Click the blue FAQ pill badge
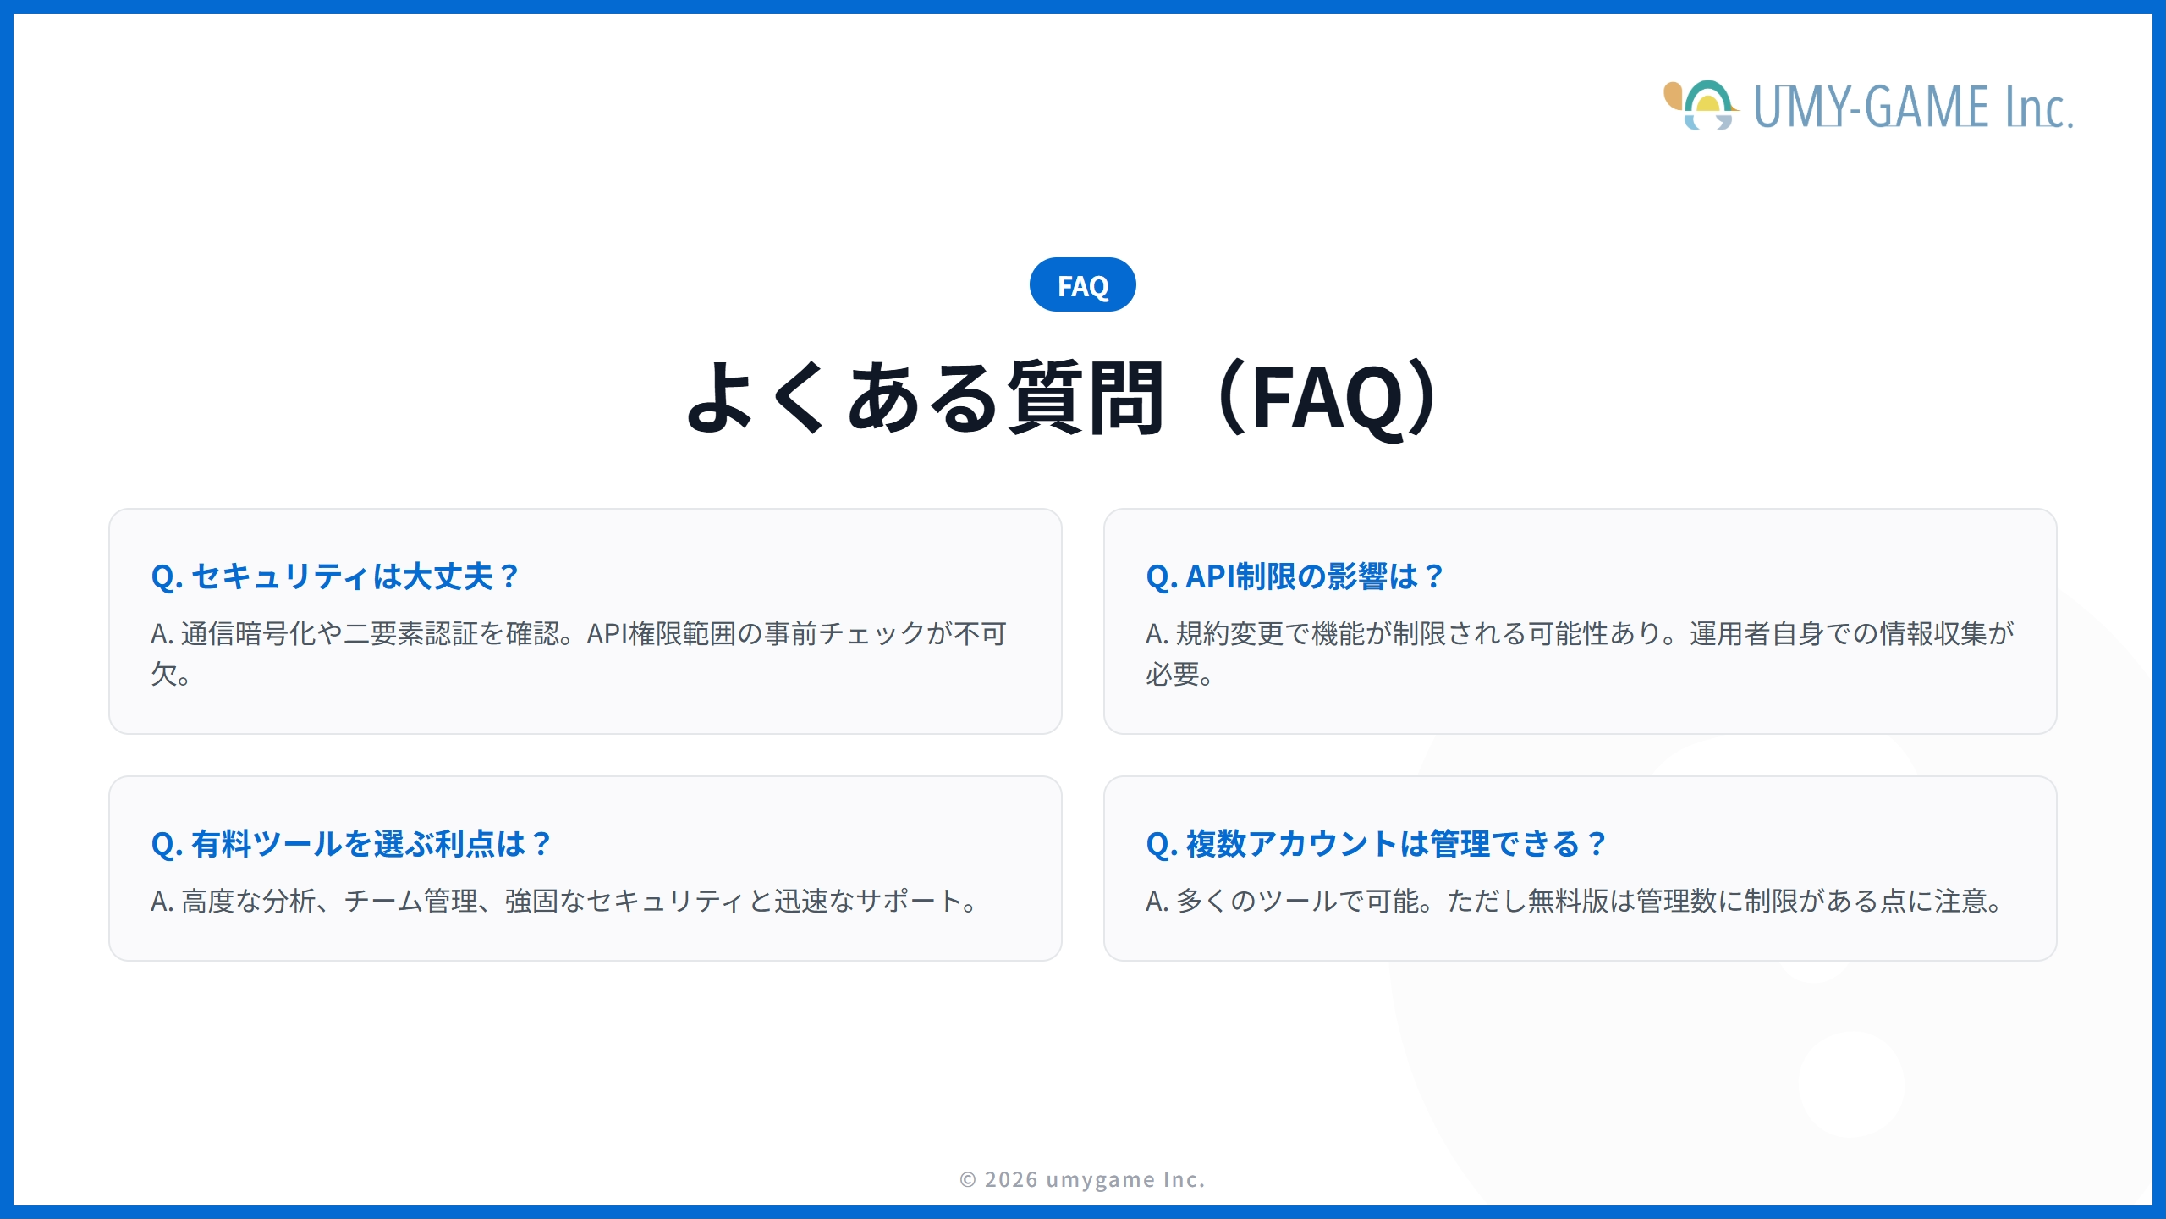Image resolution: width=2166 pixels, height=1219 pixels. (x=1082, y=285)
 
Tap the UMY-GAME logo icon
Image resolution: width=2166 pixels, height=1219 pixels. (x=1701, y=106)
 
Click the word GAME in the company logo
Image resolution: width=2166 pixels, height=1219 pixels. (x=1928, y=108)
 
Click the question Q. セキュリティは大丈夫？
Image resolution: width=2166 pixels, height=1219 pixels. (x=334, y=576)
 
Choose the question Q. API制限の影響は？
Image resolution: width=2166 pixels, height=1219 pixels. (x=1294, y=576)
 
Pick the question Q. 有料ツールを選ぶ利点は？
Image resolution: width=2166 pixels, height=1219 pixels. (x=350, y=844)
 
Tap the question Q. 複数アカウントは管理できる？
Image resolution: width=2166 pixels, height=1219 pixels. (x=1375, y=844)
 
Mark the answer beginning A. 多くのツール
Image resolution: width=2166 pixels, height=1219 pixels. (x=1574, y=901)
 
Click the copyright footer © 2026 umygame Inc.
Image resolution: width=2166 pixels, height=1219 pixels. (x=1082, y=1179)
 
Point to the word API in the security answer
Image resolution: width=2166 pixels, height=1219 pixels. (x=607, y=633)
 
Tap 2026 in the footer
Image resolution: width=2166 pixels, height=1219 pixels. (x=1011, y=1179)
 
